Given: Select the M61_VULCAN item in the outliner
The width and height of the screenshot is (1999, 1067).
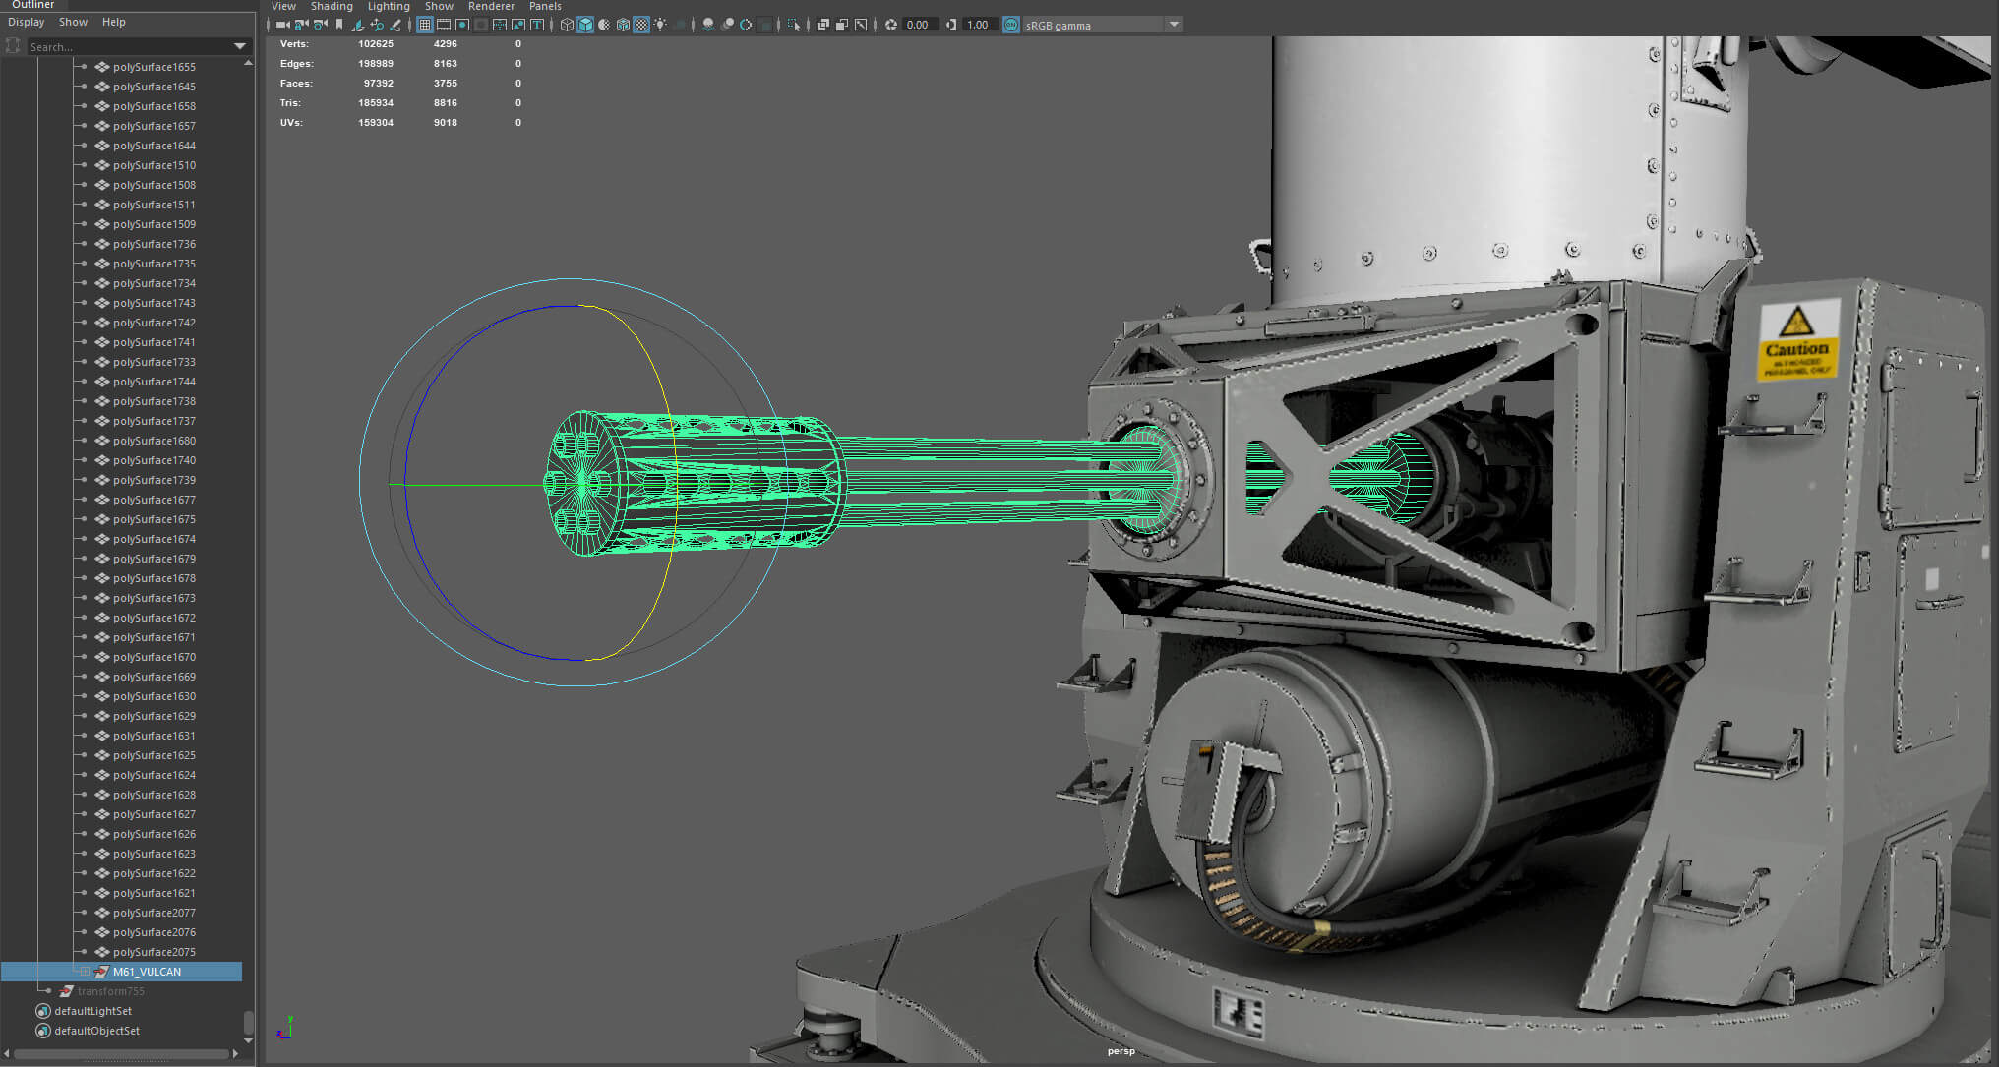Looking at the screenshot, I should point(147,972).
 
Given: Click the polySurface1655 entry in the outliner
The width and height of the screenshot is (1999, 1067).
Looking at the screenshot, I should point(153,67).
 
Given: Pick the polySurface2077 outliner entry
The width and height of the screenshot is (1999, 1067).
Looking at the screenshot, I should point(153,913).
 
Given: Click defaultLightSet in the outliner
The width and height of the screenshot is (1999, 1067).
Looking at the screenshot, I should point(92,1011).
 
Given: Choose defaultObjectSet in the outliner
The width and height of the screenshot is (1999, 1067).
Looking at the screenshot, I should point(96,1031).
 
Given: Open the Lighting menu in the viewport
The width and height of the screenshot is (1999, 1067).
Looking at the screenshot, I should point(389,6).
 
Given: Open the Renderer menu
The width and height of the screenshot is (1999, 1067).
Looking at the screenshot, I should point(491,6).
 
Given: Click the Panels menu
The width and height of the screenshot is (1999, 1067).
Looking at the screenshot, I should point(545,6).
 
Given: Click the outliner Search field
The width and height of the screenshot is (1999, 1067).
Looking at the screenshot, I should point(128,47).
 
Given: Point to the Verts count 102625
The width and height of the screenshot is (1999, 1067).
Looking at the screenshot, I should point(375,44).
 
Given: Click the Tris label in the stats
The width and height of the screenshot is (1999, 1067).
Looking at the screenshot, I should point(290,103).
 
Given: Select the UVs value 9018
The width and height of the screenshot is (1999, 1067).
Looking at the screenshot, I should point(445,123).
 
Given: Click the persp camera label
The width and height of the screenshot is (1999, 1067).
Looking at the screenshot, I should point(1121,1051).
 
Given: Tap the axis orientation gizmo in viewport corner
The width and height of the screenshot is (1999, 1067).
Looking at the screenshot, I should point(284,1028).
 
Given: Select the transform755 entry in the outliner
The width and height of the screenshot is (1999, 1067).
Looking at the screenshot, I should point(110,991).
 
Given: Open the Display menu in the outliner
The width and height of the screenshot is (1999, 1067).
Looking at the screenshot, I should point(27,22).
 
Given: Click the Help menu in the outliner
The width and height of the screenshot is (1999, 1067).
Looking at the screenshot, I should point(114,22).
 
